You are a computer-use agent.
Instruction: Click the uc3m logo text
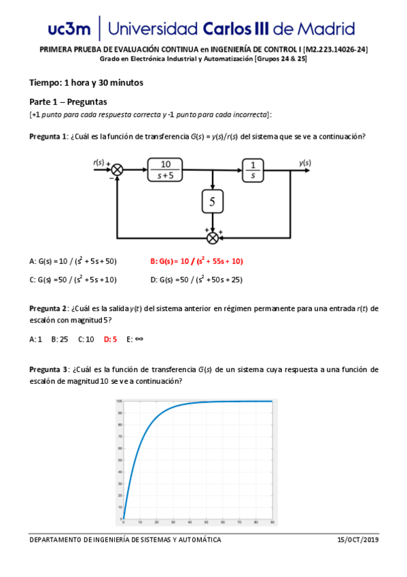(69, 29)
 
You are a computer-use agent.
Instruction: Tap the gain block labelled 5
(213, 201)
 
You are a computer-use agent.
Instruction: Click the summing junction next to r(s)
(117, 169)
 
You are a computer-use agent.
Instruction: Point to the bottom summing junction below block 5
(213, 237)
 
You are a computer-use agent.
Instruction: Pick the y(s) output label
(305, 162)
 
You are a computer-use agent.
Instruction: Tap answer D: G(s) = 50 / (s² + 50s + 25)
(196, 280)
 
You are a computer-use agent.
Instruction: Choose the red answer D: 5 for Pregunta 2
(110, 338)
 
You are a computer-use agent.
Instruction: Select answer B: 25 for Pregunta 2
(60, 338)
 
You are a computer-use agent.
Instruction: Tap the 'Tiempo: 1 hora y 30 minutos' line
(86, 83)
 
